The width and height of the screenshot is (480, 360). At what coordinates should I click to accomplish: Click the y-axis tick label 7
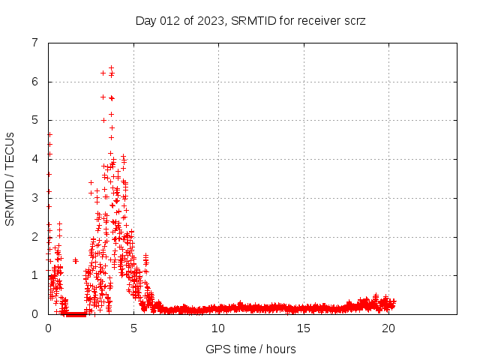tap(34, 43)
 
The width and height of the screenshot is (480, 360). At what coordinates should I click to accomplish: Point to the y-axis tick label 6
tap(34, 82)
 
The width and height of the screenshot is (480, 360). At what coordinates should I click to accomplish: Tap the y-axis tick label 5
tap(34, 120)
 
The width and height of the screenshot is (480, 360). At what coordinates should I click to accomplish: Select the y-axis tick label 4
tap(34, 159)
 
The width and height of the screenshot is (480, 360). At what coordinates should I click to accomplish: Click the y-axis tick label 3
tap(34, 198)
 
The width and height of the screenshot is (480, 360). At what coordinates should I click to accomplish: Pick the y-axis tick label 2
tap(34, 237)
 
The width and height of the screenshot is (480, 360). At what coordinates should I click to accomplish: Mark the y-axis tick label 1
tap(34, 275)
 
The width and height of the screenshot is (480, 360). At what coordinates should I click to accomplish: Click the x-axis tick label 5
tap(133, 328)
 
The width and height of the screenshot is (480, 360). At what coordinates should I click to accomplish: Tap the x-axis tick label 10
tap(218, 328)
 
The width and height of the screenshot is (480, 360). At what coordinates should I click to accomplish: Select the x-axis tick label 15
tap(303, 328)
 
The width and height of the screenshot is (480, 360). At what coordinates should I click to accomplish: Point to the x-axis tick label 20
tap(388, 328)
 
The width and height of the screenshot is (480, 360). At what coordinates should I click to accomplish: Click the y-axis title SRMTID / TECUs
tap(10, 178)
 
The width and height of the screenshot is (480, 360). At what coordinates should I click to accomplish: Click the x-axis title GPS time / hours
tap(250, 349)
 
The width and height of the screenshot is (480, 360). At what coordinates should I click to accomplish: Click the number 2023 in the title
tap(207, 20)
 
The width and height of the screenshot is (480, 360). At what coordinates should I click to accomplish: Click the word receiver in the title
tap(312, 20)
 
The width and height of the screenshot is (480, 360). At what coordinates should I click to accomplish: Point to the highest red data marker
tap(111, 67)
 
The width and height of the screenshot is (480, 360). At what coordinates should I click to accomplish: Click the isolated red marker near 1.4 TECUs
tap(75, 260)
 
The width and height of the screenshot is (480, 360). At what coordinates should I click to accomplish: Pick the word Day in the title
tap(145, 20)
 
